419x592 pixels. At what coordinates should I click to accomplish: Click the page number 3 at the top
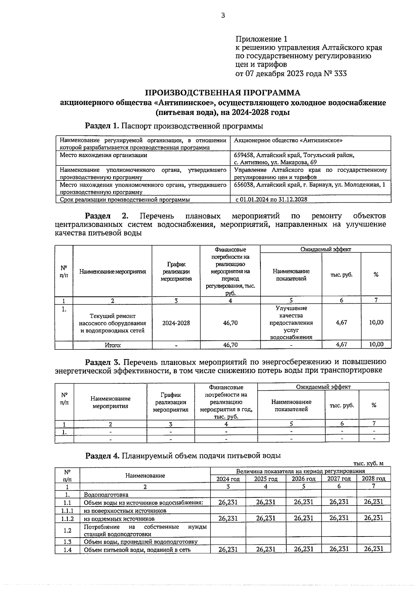(223, 15)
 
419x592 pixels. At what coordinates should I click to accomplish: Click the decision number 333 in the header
(340, 74)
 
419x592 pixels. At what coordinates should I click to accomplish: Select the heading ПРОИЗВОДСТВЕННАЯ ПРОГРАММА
(223, 93)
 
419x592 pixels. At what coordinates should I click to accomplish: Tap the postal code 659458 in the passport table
(244, 155)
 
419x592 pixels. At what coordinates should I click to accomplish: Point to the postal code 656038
(244, 185)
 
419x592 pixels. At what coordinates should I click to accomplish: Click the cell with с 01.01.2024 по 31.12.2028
(271, 200)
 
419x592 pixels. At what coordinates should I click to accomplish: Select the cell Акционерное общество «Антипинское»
(288, 140)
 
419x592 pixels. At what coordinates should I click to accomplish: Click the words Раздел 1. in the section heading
(102, 126)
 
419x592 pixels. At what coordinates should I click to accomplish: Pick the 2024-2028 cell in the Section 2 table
(176, 323)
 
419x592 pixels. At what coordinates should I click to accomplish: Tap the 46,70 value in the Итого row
(230, 345)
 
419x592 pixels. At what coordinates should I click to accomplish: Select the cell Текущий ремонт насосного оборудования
(112, 323)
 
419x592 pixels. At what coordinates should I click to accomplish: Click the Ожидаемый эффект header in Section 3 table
(323, 387)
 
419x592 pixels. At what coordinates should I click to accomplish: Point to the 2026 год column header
(303, 479)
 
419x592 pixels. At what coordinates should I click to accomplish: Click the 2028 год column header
(373, 479)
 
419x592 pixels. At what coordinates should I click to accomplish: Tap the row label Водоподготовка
(106, 495)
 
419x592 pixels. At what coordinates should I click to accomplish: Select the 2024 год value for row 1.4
(228, 549)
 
